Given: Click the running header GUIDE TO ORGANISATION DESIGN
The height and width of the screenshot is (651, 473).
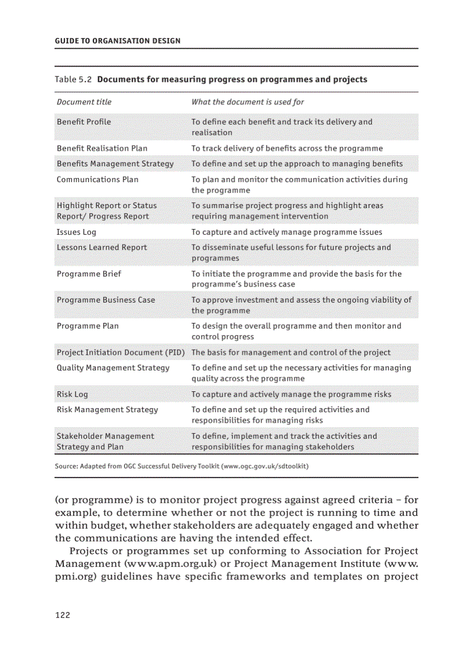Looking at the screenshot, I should pyautogui.click(x=117, y=41).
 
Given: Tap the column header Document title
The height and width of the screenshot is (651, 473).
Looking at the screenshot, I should pyautogui.click(x=84, y=102).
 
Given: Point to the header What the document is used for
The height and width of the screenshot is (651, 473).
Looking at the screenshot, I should pyautogui.click(x=248, y=102).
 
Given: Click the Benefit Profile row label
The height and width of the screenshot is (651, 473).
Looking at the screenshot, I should pyautogui.click(x=84, y=122).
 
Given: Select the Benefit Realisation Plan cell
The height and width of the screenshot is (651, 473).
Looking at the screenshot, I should pyautogui.click(x=102, y=148).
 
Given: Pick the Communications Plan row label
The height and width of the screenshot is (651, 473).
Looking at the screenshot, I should pyautogui.click(x=97, y=180).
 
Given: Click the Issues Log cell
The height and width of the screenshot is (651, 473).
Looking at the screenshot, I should pyautogui.click(x=77, y=232).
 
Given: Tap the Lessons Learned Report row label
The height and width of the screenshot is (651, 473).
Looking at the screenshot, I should pyautogui.click(x=101, y=248).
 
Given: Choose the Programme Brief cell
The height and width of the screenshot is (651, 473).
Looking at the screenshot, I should pyautogui.click(x=89, y=274).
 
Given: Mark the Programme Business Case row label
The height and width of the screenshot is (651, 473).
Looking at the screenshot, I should pyautogui.click(x=105, y=300).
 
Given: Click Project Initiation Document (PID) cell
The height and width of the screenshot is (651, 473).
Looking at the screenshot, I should pyautogui.click(x=120, y=352).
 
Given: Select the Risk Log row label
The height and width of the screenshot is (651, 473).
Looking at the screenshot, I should pyautogui.click(x=72, y=394).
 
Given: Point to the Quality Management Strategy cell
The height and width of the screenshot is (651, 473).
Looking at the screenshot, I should pyautogui.click(x=113, y=368).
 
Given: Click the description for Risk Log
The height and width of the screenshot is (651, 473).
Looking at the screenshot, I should pyautogui.click(x=291, y=394).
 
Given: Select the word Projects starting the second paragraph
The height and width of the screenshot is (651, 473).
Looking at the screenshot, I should pyautogui.click(x=88, y=551).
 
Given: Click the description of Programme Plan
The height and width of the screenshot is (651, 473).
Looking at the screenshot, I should pyautogui.click(x=296, y=331).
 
